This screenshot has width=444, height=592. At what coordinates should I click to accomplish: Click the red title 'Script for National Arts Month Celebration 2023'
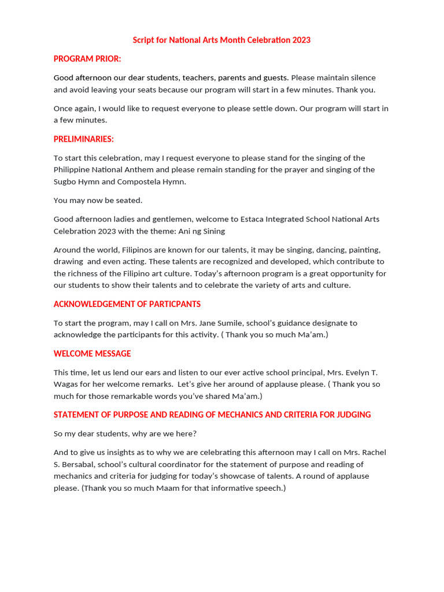click(x=221, y=40)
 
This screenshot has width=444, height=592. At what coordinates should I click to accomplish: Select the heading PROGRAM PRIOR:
click(x=87, y=58)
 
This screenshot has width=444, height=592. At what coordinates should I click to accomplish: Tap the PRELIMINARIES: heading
click(x=84, y=139)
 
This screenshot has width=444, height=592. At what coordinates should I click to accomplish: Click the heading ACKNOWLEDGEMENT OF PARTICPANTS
click(x=127, y=304)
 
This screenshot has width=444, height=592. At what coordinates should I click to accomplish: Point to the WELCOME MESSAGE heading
click(x=92, y=353)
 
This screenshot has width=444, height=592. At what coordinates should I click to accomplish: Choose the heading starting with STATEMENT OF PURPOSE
click(x=212, y=415)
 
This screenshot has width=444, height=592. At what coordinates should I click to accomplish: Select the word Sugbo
click(x=66, y=182)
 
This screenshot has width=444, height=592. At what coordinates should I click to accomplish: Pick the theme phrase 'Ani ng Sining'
click(x=202, y=231)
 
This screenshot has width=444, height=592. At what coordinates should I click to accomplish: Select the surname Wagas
click(x=66, y=384)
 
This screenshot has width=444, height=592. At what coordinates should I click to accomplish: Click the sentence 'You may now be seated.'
click(x=98, y=200)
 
